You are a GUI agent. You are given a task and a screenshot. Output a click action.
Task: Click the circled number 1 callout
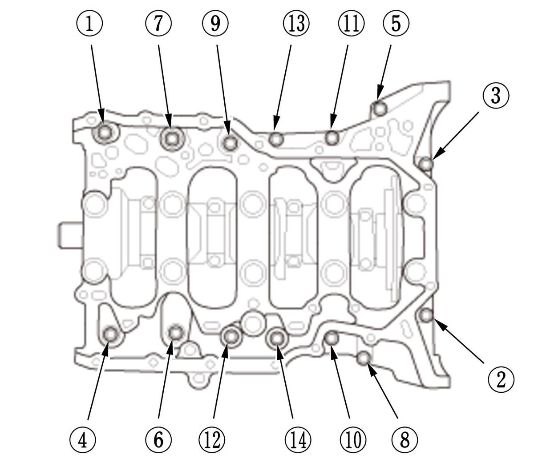(90, 24)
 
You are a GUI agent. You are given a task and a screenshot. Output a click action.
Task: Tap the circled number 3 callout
(495, 96)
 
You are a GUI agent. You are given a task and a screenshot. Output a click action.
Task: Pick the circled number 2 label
(501, 379)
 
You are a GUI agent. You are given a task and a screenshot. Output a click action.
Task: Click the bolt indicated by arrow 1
(105, 132)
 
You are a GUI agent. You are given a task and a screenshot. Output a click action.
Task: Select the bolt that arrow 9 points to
(230, 143)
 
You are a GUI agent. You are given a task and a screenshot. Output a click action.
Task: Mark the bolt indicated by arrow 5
(380, 108)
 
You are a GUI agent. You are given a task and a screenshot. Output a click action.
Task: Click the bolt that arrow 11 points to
(332, 138)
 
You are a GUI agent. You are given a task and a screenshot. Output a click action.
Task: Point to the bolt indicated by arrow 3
(426, 164)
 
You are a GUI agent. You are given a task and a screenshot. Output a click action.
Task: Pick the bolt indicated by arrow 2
(426, 315)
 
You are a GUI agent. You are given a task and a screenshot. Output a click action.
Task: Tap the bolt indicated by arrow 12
(231, 337)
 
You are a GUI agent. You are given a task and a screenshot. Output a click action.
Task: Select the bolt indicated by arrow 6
(176, 332)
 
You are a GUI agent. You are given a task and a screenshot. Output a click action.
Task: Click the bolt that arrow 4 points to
(110, 334)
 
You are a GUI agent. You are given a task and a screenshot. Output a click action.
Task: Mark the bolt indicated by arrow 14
(277, 338)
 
